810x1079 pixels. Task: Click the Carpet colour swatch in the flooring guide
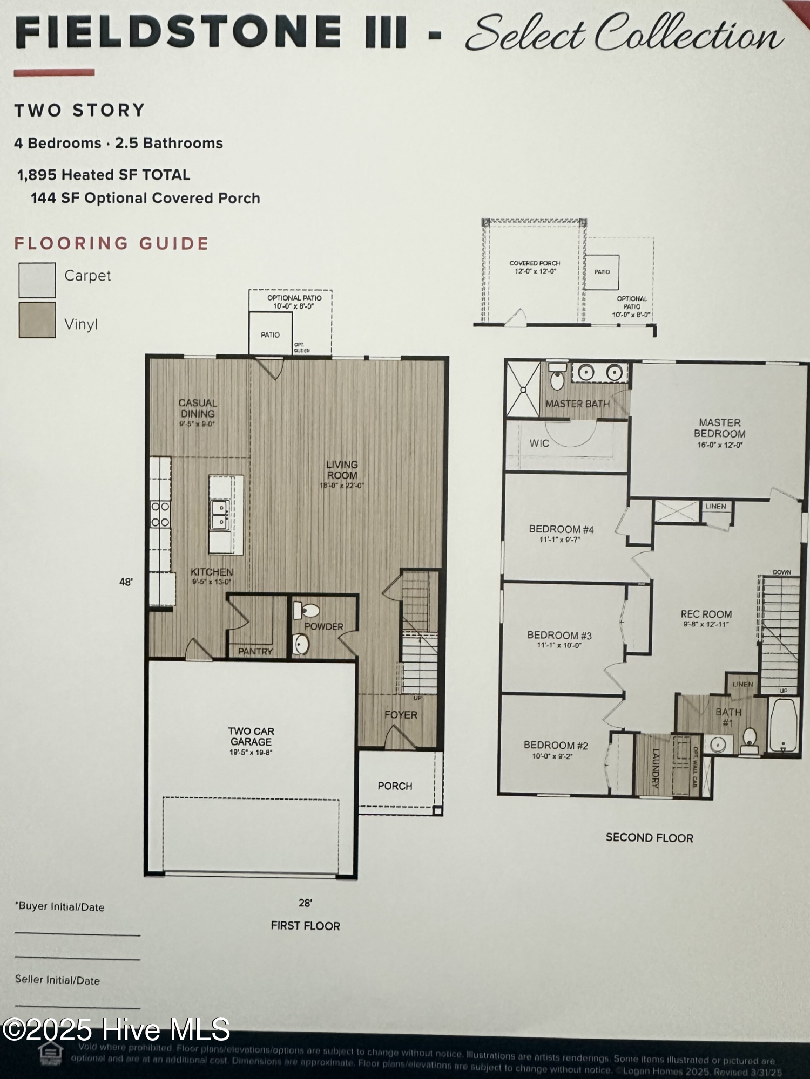click(37, 280)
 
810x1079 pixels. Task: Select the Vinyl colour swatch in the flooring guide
click(37, 320)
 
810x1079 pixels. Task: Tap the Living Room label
click(342, 470)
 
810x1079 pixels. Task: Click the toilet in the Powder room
click(307, 611)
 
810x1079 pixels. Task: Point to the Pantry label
click(255, 651)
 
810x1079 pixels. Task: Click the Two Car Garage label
click(251, 736)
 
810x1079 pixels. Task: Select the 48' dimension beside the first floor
click(126, 582)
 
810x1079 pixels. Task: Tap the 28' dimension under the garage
click(305, 903)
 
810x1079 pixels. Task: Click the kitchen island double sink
click(220, 515)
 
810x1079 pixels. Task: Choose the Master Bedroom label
click(719, 428)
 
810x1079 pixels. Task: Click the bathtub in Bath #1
click(782, 726)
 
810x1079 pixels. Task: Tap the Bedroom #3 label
click(559, 635)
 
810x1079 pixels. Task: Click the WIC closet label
click(539, 443)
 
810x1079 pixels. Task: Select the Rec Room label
click(706, 614)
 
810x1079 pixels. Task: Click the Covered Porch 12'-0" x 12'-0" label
click(535, 267)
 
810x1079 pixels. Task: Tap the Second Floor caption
click(649, 838)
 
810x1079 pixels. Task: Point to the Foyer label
click(401, 715)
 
